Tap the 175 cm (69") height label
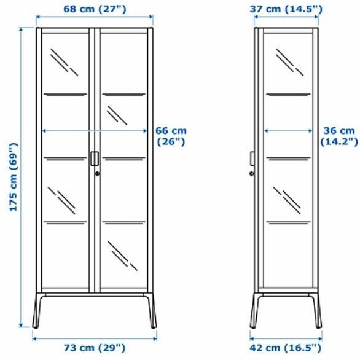[x=12, y=178]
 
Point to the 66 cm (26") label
[x=170, y=136]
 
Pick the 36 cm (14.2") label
[x=338, y=136]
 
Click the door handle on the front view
[x=93, y=158]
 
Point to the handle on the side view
[x=252, y=158]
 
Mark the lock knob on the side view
[x=251, y=173]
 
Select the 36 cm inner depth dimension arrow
[x=289, y=130]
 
